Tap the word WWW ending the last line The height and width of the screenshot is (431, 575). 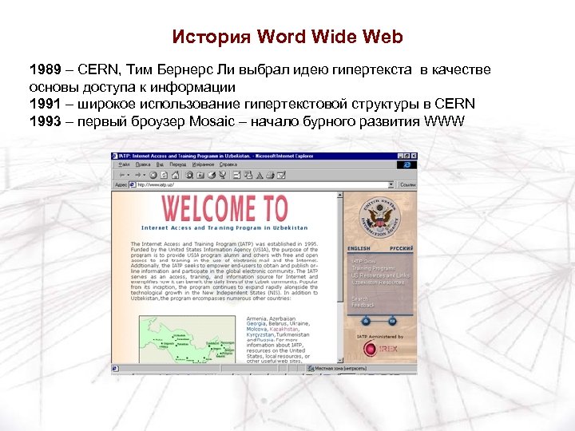pos(445,121)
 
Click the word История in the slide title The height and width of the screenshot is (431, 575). pos(212,38)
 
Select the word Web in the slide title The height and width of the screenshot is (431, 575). pos(387,38)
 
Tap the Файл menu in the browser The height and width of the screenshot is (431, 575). pos(121,164)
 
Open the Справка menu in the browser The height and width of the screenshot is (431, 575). pos(228,164)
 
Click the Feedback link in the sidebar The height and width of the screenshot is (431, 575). pos(363,305)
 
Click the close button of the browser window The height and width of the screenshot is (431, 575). pos(413,155)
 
